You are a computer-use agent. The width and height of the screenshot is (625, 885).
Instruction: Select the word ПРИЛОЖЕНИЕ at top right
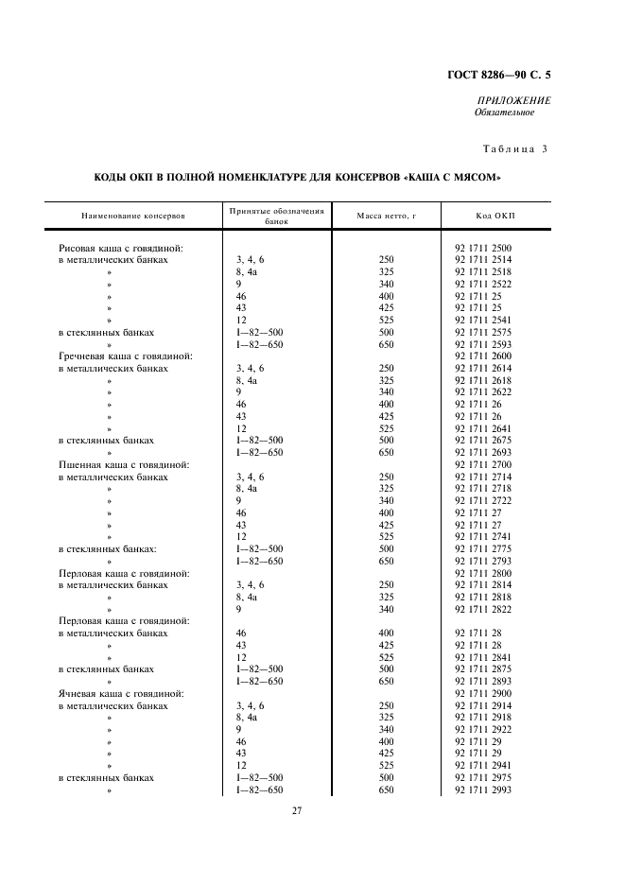click(x=515, y=100)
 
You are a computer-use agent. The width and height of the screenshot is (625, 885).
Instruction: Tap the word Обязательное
click(x=504, y=113)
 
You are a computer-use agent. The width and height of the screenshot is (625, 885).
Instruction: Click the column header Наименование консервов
click(x=133, y=217)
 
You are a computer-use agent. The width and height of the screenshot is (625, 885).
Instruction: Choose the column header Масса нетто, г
click(x=386, y=217)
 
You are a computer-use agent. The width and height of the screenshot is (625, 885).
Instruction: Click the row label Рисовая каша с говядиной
click(x=120, y=248)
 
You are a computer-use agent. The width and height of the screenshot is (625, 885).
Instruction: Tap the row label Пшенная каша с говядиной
click(x=124, y=465)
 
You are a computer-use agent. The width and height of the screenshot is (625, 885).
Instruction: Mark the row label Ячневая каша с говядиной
click(x=121, y=693)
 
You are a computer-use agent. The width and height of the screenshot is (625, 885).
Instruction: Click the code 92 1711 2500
click(x=483, y=248)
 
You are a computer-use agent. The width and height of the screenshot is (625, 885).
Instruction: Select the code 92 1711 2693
click(x=483, y=453)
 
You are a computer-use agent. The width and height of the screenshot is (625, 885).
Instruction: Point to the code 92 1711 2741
click(x=483, y=537)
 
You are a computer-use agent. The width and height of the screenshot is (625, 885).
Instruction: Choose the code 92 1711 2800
click(x=483, y=573)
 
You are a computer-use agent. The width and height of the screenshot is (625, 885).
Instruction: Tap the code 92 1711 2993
click(x=483, y=790)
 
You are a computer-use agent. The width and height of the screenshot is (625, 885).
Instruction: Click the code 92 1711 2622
click(x=483, y=392)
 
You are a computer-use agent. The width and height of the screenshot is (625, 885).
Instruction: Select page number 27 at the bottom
click(x=296, y=810)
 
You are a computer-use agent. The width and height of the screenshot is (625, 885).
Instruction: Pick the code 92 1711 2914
click(x=483, y=705)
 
